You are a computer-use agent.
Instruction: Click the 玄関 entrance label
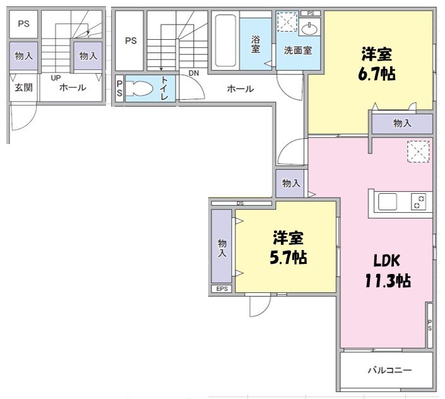click(x=24, y=88)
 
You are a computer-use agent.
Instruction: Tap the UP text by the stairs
click(x=56, y=78)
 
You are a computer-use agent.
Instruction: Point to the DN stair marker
click(x=194, y=73)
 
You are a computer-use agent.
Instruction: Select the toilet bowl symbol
click(x=139, y=88)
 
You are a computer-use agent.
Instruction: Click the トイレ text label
click(x=164, y=88)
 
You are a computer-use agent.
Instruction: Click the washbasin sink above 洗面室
click(x=310, y=28)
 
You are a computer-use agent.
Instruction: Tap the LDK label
click(x=386, y=260)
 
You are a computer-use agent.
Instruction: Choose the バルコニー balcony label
click(x=389, y=370)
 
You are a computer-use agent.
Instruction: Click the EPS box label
click(x=222, y=289)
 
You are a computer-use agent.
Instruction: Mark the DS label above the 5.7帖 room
click(x=240, y=203)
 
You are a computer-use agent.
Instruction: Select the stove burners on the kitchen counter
click(x=418, y=202)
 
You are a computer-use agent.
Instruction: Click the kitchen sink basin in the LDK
click(x=387, y=202)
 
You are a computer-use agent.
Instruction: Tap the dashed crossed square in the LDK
click(x=418, y=152)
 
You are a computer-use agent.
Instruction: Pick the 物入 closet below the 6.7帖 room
click(x=402, y=124)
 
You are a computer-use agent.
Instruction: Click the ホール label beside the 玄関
click(x=73, y=88)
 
